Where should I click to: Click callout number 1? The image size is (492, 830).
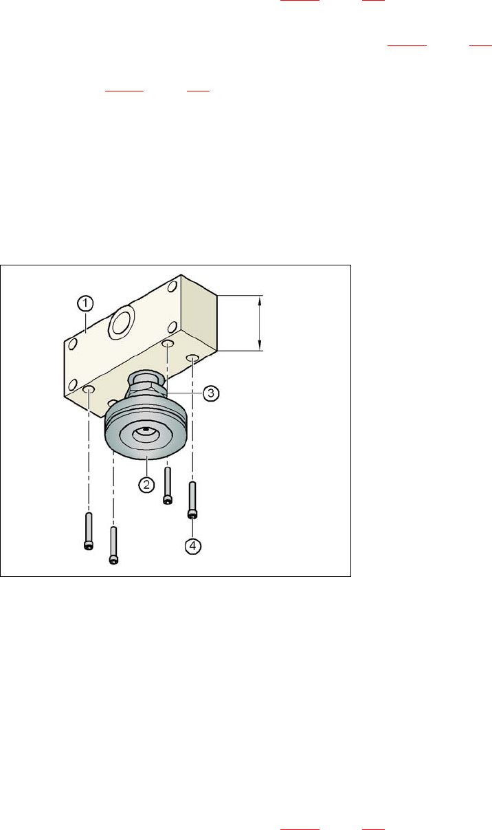coord(85,303)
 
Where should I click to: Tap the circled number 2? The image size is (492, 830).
coord(146,484)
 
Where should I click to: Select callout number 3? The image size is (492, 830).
coord(211,393)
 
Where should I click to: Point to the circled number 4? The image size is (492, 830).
coord(193,546)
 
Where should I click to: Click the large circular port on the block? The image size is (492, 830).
coord(121,323)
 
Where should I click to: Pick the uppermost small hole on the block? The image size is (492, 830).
coord(172,287)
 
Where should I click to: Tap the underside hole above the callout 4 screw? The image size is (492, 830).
coord(192,358)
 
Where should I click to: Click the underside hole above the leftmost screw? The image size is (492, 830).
coord(89,389)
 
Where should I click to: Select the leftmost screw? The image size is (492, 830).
coord(89,531)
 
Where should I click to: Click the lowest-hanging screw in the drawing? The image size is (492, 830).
coord(113,545)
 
